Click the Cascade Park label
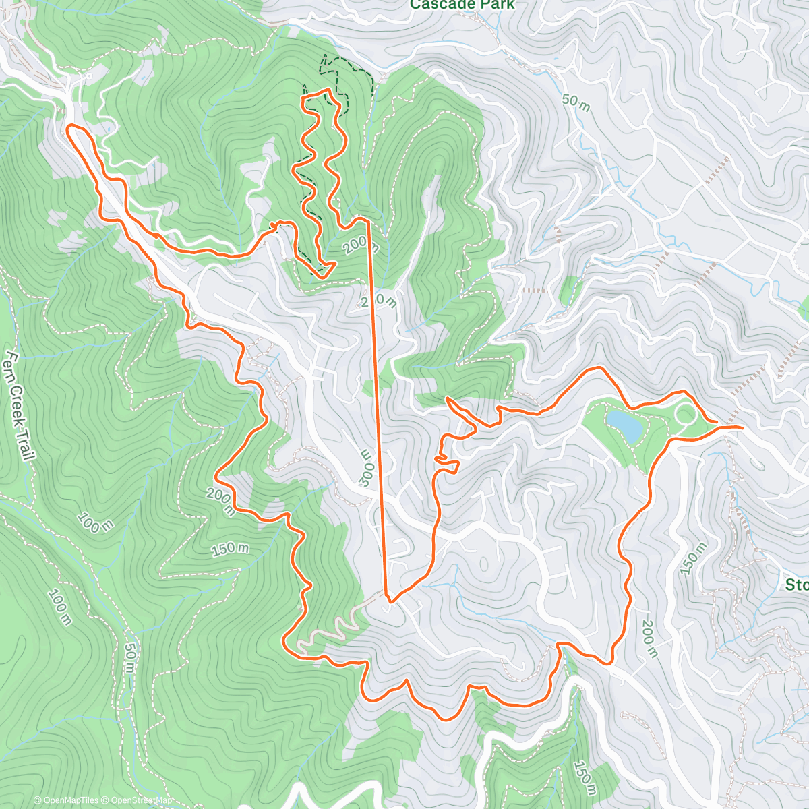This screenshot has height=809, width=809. (462, 5)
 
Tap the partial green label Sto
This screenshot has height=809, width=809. (797, 584)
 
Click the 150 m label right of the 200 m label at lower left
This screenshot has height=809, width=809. (230, 549)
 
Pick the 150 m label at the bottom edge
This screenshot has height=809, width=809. (585, 778)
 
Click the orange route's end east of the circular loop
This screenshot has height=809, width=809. (742, 427)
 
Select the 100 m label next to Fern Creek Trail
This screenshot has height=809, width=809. (94, 522)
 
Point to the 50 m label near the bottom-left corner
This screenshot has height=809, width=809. (129, 658)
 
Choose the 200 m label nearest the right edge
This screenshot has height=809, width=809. (648, 638)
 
